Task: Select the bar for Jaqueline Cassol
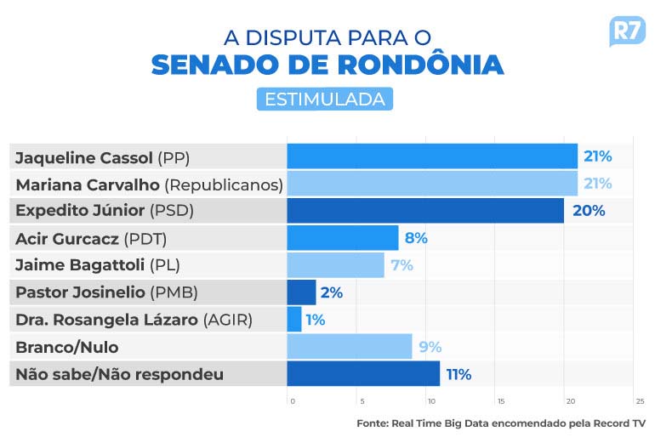[432, 156]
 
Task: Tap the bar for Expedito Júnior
[425, 211]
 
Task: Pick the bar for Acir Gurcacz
[342, 238]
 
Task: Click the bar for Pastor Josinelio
[301, 292]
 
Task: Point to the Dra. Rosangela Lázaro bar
[294, 320]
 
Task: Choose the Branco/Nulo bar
[350, 347]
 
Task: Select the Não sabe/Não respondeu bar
[363, 374]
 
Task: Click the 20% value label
[589, 211]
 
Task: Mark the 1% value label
[316, 320]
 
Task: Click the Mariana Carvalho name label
[149, 184]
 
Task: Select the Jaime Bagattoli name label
[98, 265]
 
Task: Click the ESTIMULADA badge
[325, 99]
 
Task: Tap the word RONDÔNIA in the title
[416, 65]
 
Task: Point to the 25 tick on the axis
[639, 400]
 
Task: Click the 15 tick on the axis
[500, 400]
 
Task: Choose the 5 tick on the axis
[362, 400]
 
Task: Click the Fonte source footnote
[501, 423]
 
